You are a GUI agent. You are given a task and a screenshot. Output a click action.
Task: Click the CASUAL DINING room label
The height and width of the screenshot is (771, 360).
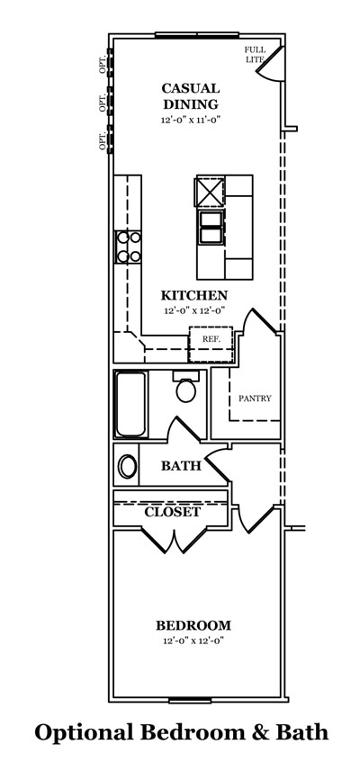point(190,96)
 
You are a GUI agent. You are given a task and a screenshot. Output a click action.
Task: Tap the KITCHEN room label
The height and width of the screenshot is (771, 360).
point(194,295)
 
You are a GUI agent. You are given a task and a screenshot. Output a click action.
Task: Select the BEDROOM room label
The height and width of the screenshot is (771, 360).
point(193,625)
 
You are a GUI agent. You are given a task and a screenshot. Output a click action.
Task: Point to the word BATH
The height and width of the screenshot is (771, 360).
point(181,466)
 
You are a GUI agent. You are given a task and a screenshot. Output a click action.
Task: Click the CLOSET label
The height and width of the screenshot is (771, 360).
point(172,512)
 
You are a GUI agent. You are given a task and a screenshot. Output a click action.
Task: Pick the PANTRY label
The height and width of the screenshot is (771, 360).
point(255,399)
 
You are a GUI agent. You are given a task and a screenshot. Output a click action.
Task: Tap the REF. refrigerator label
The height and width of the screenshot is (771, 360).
point(211,339)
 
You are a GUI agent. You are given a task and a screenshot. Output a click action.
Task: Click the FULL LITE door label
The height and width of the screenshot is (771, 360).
point(256,55)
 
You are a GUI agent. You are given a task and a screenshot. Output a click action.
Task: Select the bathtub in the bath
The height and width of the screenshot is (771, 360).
point(130,404)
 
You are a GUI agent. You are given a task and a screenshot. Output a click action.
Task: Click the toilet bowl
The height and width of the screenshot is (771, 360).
point(186,391)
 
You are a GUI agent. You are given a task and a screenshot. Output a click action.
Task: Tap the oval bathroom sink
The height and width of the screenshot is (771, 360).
point(128,466)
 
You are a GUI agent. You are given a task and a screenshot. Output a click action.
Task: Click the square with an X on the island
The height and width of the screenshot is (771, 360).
point(211,192)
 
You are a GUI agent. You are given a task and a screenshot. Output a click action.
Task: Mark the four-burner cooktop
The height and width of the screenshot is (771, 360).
point(128,247)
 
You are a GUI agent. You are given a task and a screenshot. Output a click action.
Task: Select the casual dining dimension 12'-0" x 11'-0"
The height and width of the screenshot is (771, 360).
point(190,120)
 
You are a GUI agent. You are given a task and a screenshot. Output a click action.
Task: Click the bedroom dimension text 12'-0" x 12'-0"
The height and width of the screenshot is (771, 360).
point(193,641)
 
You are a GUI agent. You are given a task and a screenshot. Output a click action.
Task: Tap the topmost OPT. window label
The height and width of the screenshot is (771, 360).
point(103,65)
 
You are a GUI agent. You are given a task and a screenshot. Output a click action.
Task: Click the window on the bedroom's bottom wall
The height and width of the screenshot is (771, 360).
point(190,700)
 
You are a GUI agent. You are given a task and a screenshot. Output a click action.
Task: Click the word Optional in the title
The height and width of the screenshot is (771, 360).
point(84,733)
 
